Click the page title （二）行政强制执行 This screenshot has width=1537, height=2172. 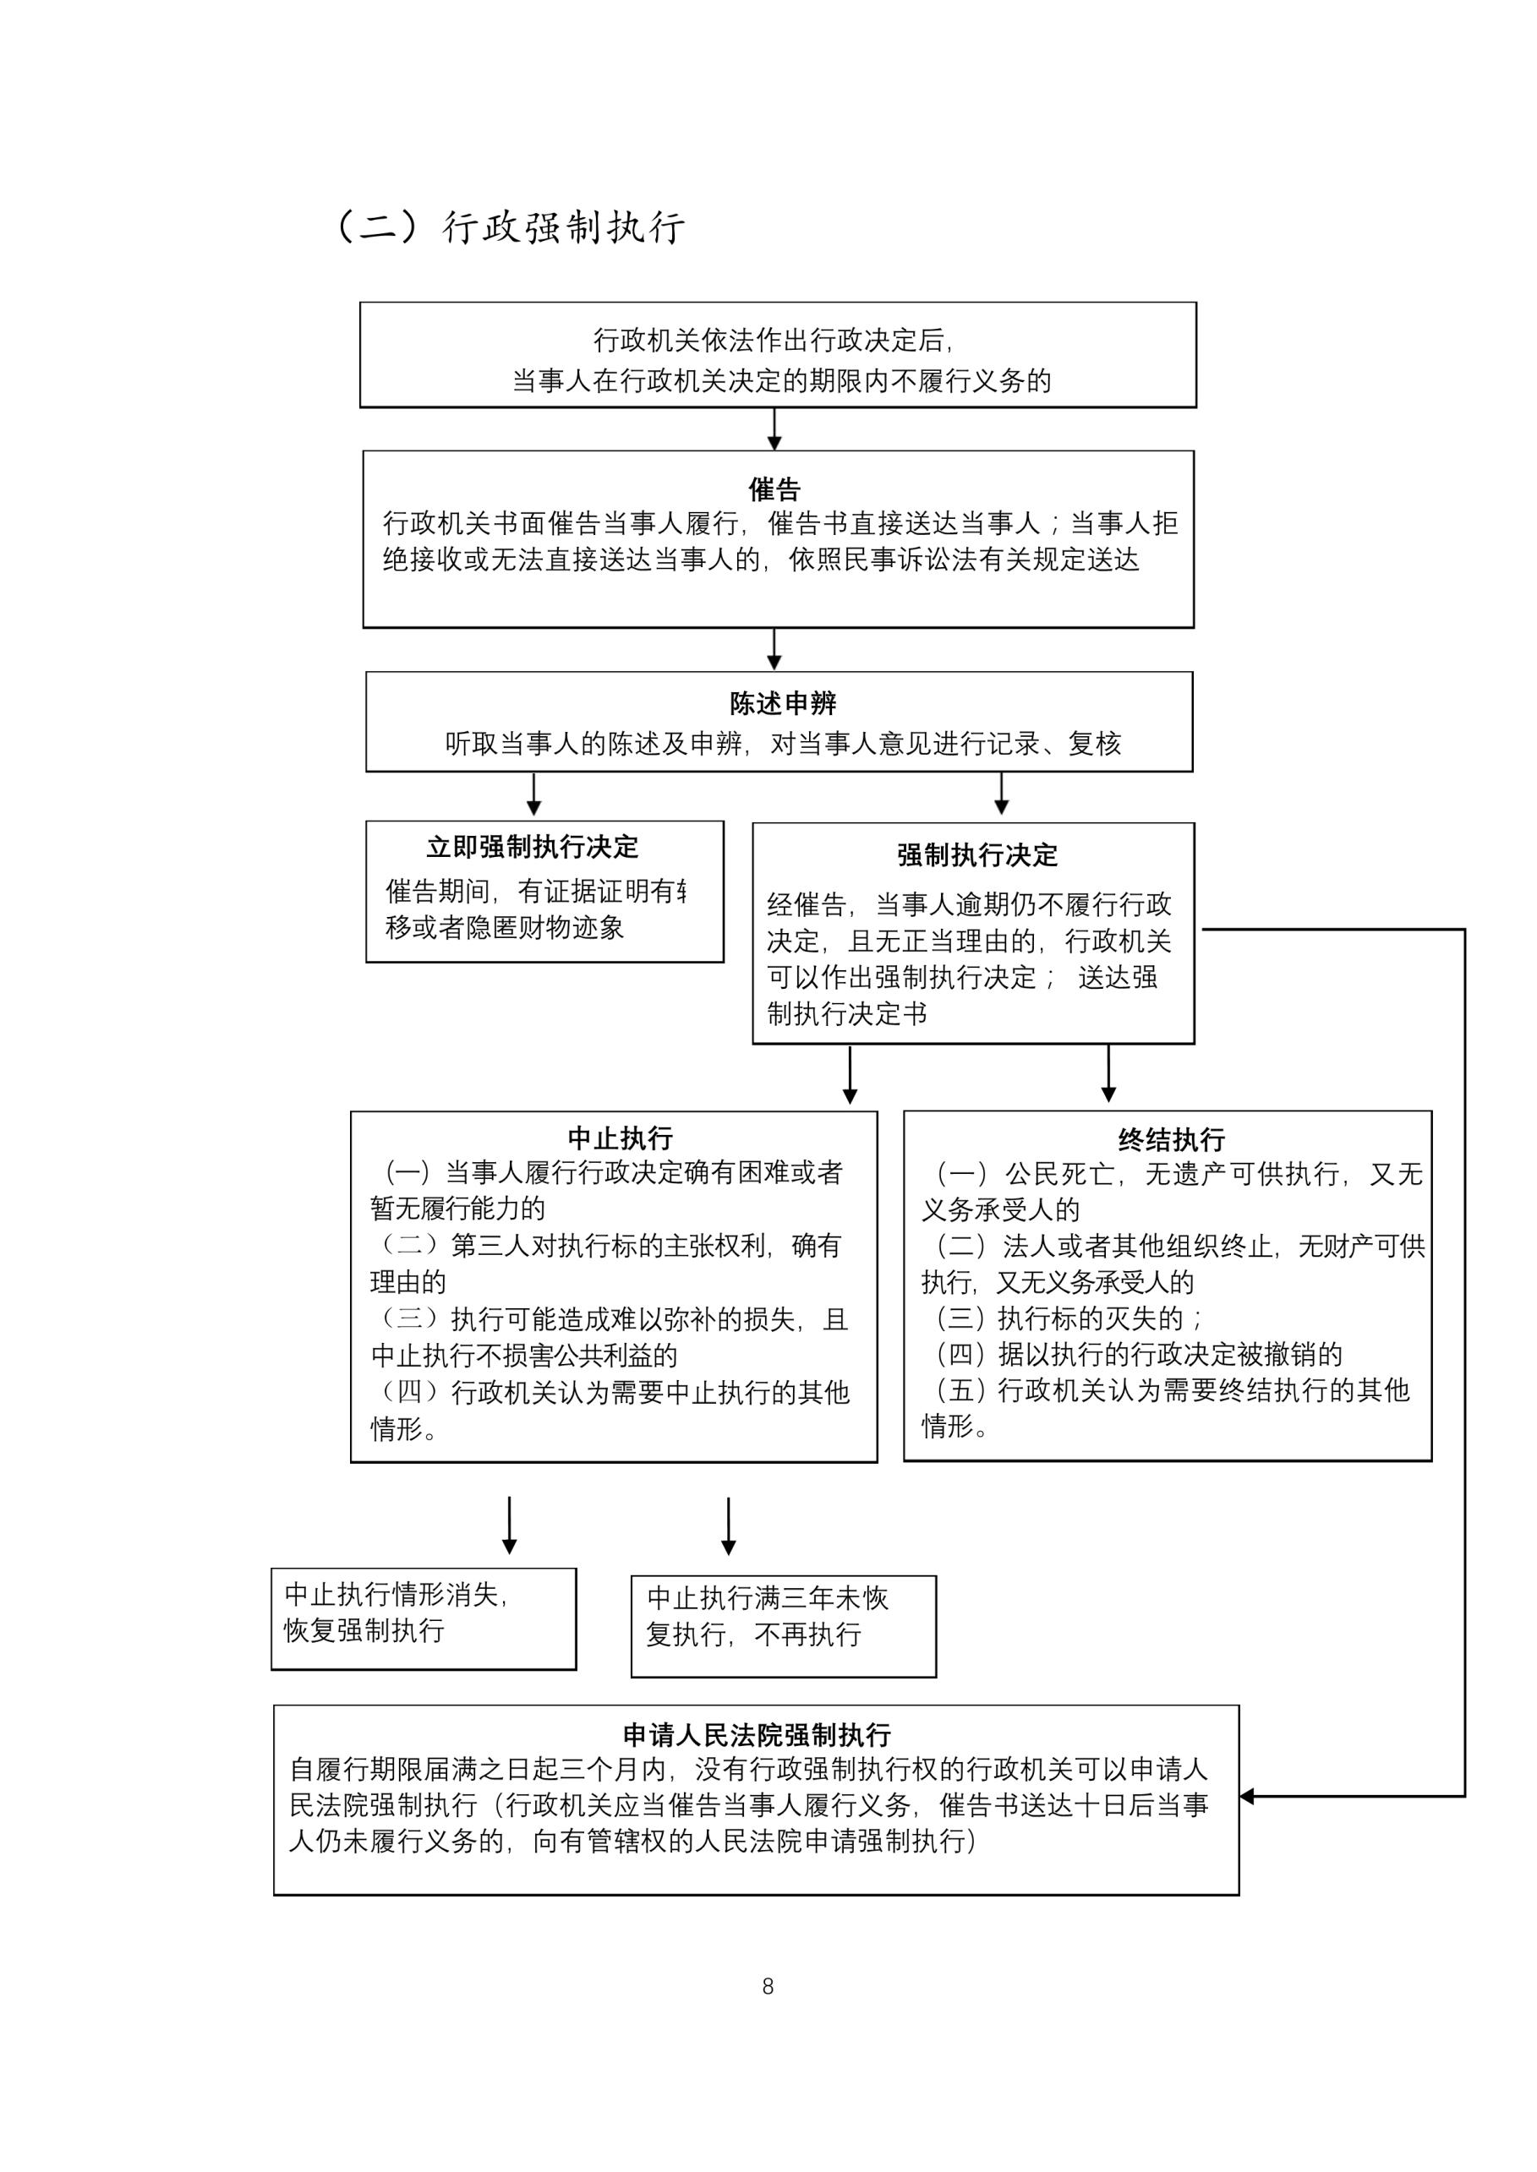[x=511, y=228]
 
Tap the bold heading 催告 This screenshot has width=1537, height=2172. [x=774, y=489]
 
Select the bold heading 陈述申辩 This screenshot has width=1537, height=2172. [x=783, y=704]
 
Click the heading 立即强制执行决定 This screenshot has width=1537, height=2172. [x=532, y=847]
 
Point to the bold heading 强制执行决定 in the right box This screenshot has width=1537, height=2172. [x=976, y=855]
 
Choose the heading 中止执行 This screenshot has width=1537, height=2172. [x=620, y=1138]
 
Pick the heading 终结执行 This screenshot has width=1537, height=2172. [x=1171, y=1139]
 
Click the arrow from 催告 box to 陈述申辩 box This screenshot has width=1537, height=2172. [x=774, y=650]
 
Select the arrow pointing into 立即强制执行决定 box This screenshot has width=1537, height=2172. [x=533, y=795]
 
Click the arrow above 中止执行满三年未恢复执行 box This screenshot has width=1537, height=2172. [x=728, y=1527]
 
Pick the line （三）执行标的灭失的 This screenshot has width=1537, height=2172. [x=1069, y=1318]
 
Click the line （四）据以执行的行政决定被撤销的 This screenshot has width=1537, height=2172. [x=1139, y=1355]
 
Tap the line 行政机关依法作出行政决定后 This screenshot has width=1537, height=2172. [x=774, y=341]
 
